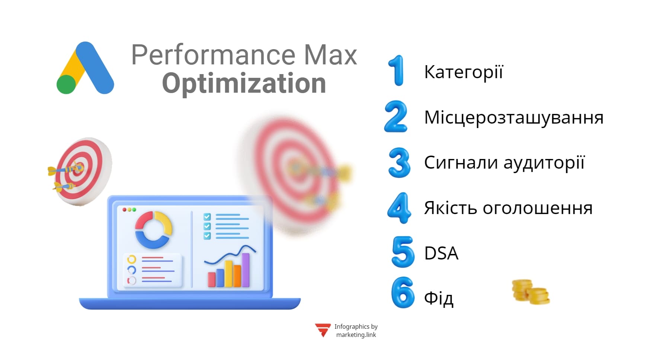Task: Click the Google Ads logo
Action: (85, 68)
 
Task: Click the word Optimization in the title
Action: (244, 83)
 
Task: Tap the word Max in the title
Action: (330, 55)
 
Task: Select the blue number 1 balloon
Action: (397, 70)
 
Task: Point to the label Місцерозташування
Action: (513, 117)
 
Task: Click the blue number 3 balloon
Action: (399, 162)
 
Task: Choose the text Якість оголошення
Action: (508, 208)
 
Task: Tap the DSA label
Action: (441, 253)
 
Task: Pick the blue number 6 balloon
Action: (403, 293)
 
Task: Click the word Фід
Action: (439, 299)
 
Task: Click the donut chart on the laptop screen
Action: (153, 230)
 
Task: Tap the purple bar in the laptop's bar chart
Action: (246, 270)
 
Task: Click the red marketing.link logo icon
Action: (323, 330)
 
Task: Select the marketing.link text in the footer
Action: (356, 335)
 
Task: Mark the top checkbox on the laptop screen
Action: (207, 217)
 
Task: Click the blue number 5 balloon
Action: (403, 252)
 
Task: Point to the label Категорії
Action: (463, 72)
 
